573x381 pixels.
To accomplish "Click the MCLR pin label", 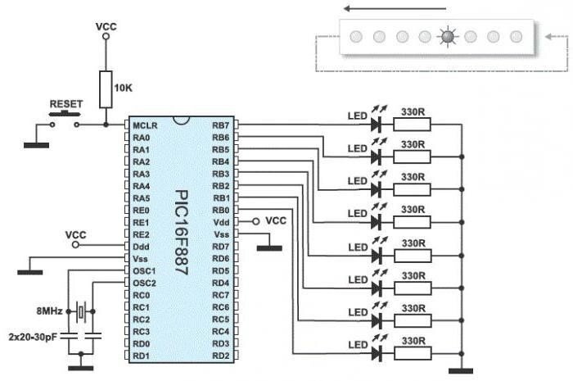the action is [145, 126].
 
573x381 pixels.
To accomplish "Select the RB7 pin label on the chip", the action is [221, 126].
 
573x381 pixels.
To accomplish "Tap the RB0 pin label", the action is [221, 211].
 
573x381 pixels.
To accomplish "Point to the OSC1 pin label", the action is [144, 271].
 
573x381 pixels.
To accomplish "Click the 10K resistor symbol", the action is [106, 89].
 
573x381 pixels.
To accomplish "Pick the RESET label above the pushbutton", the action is [66, 104].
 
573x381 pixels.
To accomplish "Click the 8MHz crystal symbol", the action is [81, 312].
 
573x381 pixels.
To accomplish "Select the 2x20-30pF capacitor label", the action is [33, 337].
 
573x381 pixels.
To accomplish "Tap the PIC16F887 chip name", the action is [182, 232].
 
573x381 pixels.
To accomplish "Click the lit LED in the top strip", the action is [448, 37].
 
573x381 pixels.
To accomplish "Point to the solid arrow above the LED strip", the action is [395, 8].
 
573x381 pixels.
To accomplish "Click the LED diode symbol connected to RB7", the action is [376, 125].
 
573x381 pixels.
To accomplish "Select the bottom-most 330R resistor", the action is [413, 354].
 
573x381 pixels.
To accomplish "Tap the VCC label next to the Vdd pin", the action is [276, 221].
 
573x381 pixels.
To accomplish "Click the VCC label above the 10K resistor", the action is [106, 27].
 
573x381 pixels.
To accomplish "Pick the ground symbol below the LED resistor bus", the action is [461, 371].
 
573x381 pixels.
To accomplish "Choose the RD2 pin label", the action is [221, 356].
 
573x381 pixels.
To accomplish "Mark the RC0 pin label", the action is [142, 295].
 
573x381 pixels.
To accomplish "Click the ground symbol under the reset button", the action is [36, 146].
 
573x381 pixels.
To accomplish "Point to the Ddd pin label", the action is [141, 247].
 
